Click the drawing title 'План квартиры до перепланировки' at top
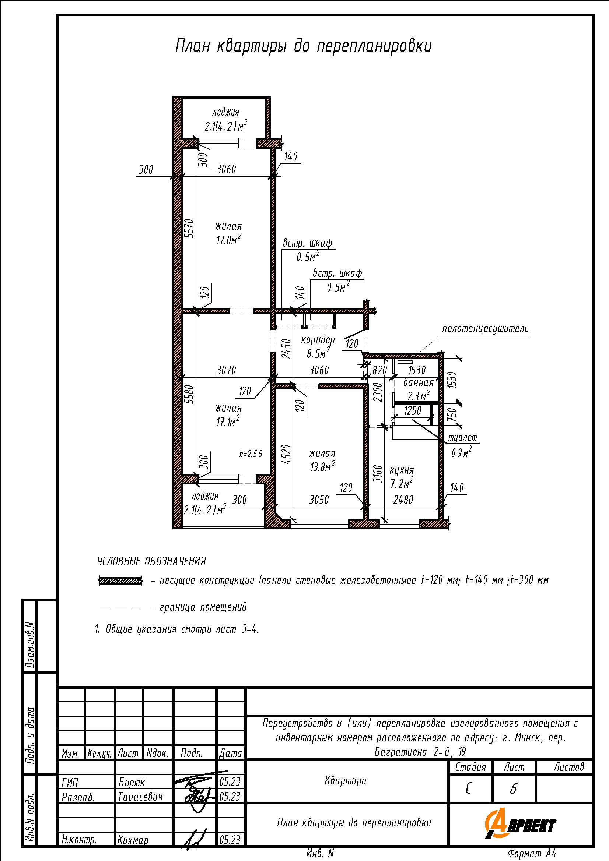pos(303,46)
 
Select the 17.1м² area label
pos(228,421)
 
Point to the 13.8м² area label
pos(322,466)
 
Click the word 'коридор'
pos(318,340)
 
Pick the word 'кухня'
pos(402,470)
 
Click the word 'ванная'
pos(419,382)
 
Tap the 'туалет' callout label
pos(463,438)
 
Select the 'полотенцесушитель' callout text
pos(485,329)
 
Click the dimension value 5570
pos(190,228)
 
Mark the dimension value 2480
pos(403,500)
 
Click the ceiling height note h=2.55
pos(251,454)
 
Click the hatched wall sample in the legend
pos(120,581)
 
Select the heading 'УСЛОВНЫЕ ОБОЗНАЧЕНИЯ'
pos(151,561)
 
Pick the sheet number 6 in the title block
pos(513,789)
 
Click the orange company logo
pos(520,824)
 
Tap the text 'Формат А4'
pos(532,854)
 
